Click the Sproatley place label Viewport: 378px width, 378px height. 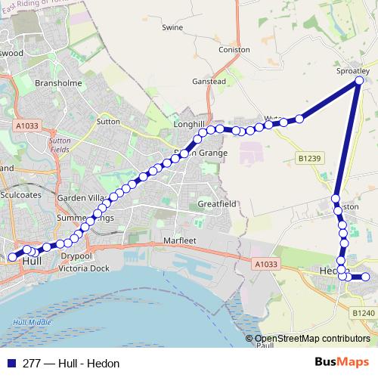[x=353, y=70]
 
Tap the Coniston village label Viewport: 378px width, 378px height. [x=234, y=49]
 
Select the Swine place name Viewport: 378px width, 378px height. [x=172, y=27]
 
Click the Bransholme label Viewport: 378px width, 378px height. [x=58, y=83]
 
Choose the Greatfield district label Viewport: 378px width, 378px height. [x=217, y=204]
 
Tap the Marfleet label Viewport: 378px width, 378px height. [x=180, y=241]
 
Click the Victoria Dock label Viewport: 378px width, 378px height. [x=84, y=268]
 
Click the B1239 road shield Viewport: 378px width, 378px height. [x=309, y=158]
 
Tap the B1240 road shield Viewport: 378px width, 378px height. [x=363, y=312]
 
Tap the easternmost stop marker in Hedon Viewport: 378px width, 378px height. [x=365, y=277]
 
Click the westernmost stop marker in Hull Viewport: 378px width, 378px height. [x=12, y=257]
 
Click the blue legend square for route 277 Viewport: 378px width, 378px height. [x=11, y=363]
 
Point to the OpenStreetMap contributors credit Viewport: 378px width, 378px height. [x=311, y=339]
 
